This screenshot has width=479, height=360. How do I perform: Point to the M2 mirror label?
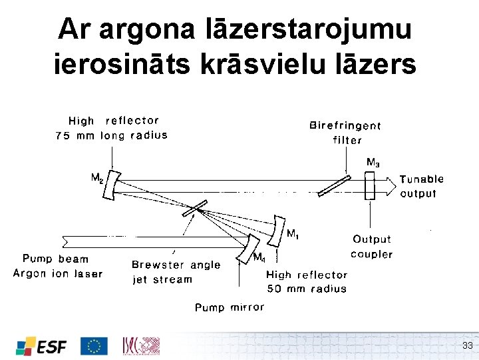coord(97,178)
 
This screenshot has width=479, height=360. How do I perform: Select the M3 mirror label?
coord(374,162)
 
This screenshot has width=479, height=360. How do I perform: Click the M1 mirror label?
coord(292,233)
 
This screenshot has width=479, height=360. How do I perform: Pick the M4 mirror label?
coord(259,257)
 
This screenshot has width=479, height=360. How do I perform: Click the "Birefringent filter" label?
coord(346,132)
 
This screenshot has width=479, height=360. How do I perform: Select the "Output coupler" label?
coord(372,246)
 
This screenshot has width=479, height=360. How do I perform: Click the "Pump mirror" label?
coord(229,307)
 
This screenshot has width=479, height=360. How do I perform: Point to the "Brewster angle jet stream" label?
coord(176,271)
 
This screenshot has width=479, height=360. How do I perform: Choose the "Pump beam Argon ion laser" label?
coord(57,265)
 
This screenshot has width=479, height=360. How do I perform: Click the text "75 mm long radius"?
coord(111,135)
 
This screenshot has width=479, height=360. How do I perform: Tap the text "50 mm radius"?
coord(306,289)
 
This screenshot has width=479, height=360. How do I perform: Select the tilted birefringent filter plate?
coord(334,185)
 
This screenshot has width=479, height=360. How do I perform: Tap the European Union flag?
coord(94,345)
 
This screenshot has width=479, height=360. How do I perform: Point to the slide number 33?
coord(467,345)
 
